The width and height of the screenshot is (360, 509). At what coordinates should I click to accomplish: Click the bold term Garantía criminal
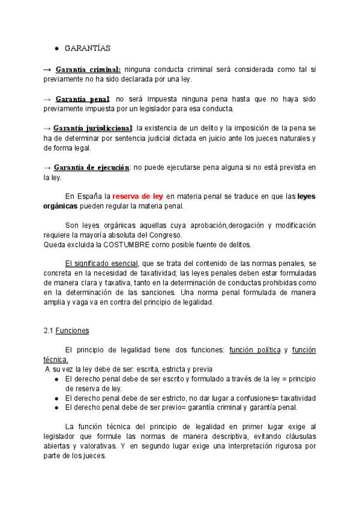coord(88,69)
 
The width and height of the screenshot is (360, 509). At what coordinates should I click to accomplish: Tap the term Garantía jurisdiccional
coord(92,128)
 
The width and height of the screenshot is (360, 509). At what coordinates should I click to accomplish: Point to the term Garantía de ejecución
coord(91,167)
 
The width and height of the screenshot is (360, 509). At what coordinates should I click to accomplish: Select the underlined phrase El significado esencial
coord(101,264)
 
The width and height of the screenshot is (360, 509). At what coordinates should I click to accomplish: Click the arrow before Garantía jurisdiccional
coord(47,128)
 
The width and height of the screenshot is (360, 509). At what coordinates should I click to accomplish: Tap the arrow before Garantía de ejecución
coord(47,167)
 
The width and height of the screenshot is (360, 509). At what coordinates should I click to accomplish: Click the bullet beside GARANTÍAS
coord(56,48)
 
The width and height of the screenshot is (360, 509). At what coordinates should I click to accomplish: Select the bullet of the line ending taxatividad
coord(56,398)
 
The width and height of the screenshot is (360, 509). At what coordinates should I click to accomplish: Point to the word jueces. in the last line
coord(94,456)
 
